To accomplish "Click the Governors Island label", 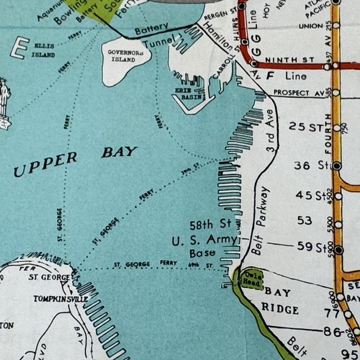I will click(x=126, y=55).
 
